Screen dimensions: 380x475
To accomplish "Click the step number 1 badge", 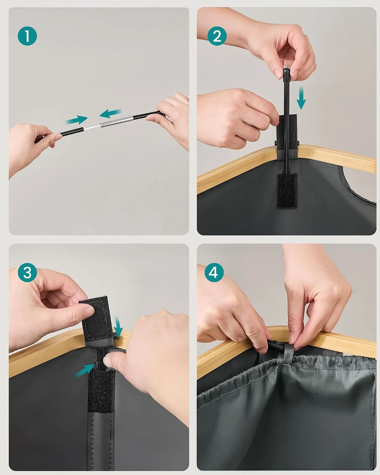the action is coord(27,36).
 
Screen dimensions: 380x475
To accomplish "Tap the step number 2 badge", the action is coord(217,36).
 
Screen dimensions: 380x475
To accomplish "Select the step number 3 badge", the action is coord(27,272).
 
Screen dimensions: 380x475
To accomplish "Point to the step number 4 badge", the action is coord(214,272).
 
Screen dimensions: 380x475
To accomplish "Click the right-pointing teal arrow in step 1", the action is coord(76,120).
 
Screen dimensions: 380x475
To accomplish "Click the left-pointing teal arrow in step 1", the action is coord(110,113).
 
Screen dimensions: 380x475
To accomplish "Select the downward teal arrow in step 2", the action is coord(301,98).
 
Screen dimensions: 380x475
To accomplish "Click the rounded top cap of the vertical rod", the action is coord(286,71).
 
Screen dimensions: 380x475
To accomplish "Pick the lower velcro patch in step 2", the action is coord(286,191).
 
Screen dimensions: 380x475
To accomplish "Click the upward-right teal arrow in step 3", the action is coord(86,370).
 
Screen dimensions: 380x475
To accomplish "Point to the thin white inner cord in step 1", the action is coord(92,127).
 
